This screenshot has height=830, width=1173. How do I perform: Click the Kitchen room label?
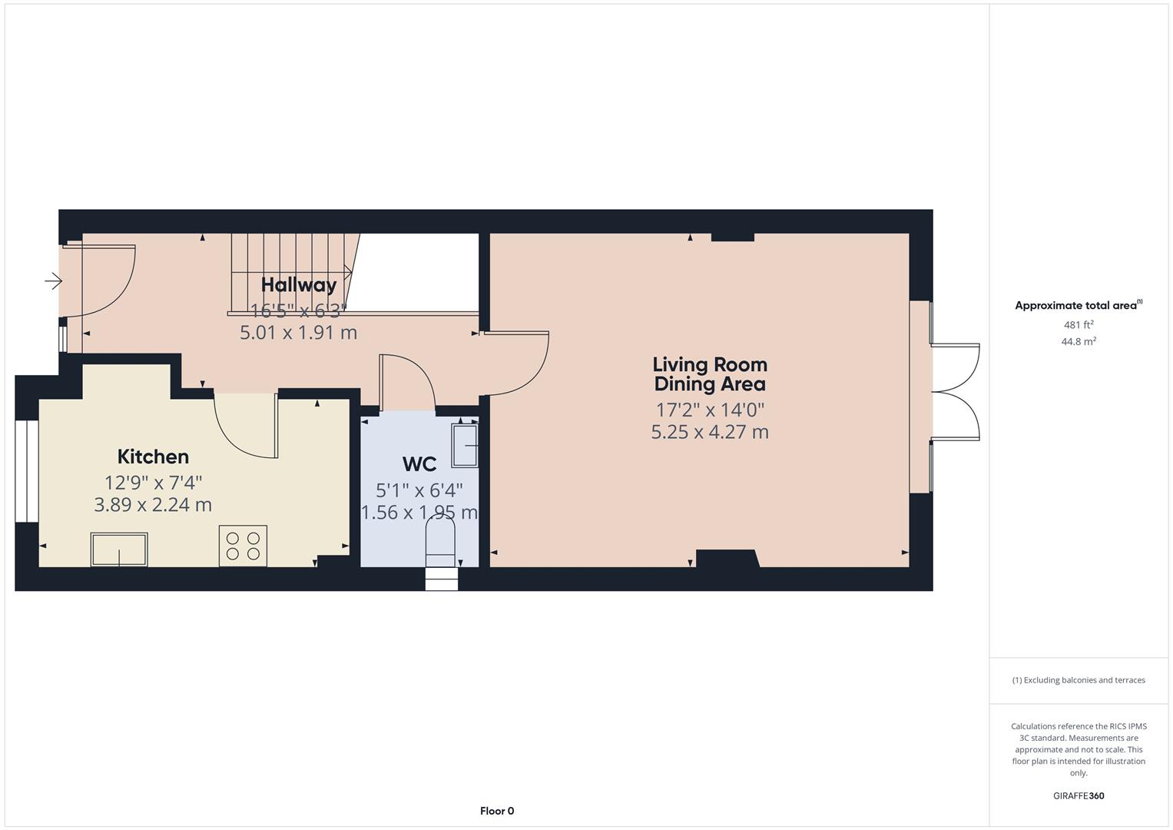(153, 456)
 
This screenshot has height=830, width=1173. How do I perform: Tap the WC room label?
(419, 464)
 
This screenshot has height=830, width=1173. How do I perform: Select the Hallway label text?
(299, 285)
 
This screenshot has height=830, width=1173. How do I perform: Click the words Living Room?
(710, 364)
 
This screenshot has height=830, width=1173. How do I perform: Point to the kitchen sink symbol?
(119, 549)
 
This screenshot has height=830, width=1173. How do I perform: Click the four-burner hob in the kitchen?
(243, 546)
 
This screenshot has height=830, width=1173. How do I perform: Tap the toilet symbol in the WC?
(440, 534)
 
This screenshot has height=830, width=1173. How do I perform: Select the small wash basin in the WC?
(465, 445)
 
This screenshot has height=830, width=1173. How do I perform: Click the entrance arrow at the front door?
(53, 281)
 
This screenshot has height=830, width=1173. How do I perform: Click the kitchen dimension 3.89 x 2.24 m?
(153, 505)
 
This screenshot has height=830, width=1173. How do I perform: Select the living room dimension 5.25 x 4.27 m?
(710, 432)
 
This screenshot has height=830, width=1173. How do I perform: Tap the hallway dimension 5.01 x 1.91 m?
(299, 333)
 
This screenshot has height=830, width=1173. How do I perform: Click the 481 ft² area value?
(1079, 325)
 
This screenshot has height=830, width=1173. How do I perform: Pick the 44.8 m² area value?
(1079, 342)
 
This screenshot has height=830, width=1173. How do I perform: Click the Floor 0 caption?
(497, 811)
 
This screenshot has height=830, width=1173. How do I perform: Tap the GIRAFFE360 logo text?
(1079, 796)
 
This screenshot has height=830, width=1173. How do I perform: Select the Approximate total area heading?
(1077, 306)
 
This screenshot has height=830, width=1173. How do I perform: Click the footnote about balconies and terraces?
(1079, 680)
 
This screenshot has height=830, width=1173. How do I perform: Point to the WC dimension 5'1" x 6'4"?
(419, 490)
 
